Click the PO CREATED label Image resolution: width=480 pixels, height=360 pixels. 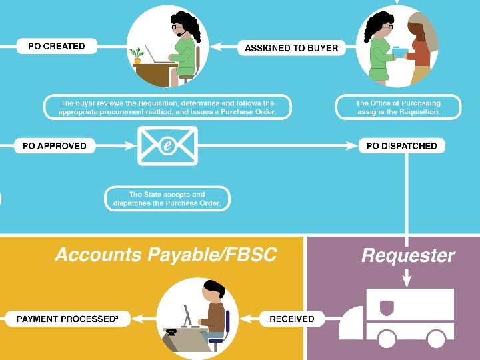57,46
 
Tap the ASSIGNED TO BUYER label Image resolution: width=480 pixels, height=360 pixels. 291,47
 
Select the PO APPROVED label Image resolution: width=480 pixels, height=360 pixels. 55,146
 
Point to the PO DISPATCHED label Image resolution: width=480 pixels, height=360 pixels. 401,146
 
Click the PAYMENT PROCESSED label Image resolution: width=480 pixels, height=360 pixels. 67,319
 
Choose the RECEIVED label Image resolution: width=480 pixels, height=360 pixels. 291,319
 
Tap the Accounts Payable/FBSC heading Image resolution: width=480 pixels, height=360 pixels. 165,255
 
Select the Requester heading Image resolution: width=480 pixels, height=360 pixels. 407,255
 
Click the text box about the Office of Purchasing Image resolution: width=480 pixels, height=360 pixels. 398,107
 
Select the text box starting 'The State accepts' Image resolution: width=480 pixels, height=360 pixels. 167,199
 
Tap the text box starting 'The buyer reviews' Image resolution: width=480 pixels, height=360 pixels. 167,107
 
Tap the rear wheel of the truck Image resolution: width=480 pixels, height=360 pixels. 436,339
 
